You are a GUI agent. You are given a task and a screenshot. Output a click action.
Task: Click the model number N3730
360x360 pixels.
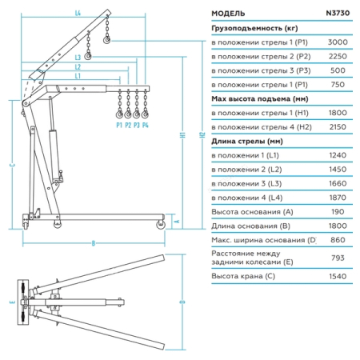coord(338,13)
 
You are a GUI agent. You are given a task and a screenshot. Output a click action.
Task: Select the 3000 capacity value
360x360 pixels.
coord(338,42)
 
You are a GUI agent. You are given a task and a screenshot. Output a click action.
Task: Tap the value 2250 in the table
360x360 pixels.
coord(338,56)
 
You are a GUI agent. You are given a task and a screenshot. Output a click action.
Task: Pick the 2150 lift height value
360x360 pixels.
coord(338,127)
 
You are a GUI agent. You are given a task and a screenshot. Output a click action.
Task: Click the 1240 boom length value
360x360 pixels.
coord(338,155)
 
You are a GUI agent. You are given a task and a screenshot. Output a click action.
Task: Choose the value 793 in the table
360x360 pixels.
coord(338,258)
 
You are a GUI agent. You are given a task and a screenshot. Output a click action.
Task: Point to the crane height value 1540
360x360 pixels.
coord(338,276)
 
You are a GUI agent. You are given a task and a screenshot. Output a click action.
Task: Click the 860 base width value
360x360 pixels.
coord(338,240)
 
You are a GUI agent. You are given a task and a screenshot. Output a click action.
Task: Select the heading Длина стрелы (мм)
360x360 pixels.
coord(247,142)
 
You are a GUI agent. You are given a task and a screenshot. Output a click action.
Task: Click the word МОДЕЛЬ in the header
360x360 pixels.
coord(228,14)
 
